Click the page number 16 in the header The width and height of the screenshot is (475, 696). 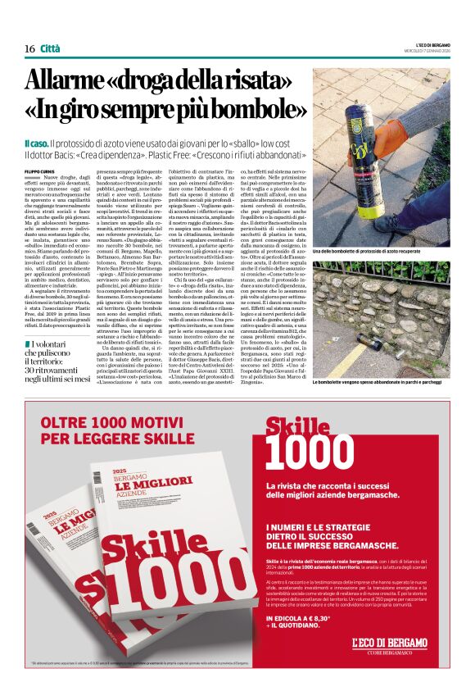(29, 49)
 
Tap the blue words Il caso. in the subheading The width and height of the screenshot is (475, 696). (36, 143)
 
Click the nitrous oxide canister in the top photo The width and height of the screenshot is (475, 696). (383, 135)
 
